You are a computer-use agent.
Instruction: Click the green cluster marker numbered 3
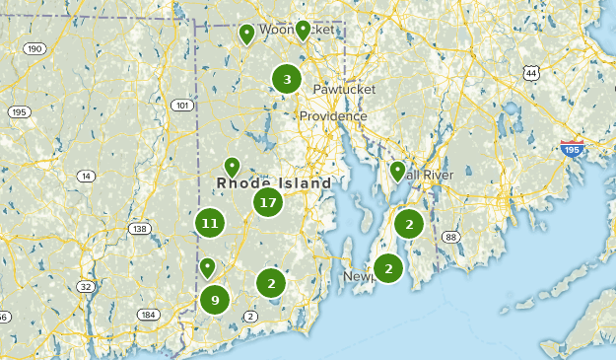pyautogui.click(x=287, y=80)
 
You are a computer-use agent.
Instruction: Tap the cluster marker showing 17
pyautogui.click(x=267, y=203)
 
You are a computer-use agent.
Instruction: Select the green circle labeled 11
pyautogui.click(x=209, y=223)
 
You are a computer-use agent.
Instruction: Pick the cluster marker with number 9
pyautogui.click(x=215, y=300)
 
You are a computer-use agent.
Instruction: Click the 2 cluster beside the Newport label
pyautogui.click(x=388, y=267)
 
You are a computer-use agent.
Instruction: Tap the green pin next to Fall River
pyautogui.click(x=398, y=172)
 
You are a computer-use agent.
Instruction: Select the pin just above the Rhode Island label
pyautogui.click(x=232, y=167)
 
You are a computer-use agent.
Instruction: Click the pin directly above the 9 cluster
pyautogui.click(x=208, y=266)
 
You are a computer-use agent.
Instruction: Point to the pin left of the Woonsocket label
pyautogui.click(x=246, y=35)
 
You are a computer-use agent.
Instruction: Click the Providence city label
pyautogui.click(x=333, y=116)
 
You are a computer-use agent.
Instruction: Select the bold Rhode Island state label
pyautogui.click(x=274, y=183)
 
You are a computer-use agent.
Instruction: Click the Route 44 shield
pyautogui.click(x=532, y=74)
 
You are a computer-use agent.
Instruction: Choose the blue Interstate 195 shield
pyautogui.click(x=572, y=149)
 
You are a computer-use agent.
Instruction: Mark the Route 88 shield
pyautogui.click(x=450, y=237)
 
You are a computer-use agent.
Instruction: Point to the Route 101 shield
pyautogui.click(x=181, y=106)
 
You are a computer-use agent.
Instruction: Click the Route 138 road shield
pyautogui.click(x=139, y=229)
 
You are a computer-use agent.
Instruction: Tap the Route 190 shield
pyautogui.click(x=35, y=49)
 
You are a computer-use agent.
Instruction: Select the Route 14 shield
pyautogui.click(x=87, y=177)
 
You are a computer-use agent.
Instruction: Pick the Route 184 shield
pyautogui.click(x=149, y=315)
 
